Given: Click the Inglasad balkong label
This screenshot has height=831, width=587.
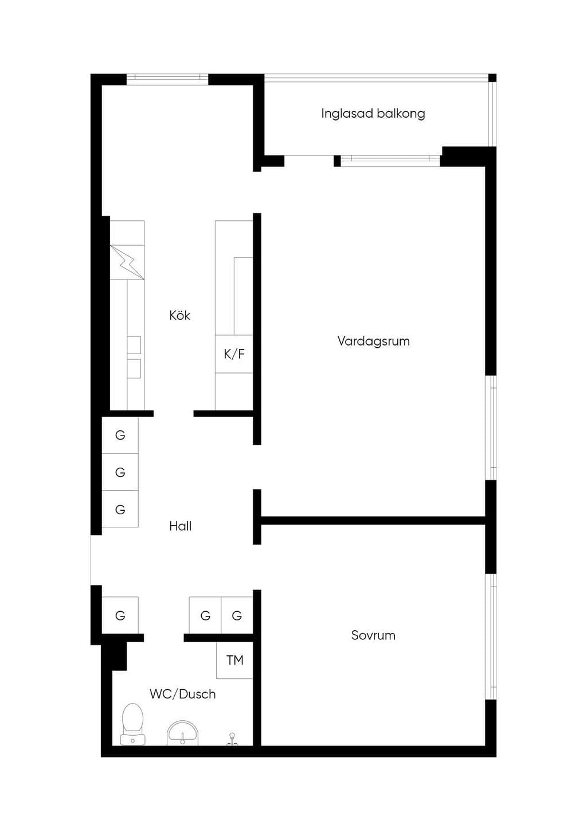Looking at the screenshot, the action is click(373, 114).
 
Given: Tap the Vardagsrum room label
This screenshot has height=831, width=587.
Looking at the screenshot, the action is click(374, 341).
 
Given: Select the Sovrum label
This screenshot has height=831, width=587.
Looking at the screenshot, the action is click(373, 635).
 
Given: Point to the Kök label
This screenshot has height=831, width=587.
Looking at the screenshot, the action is click(180, 315).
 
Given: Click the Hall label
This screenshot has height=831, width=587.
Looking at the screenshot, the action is click(180, 526).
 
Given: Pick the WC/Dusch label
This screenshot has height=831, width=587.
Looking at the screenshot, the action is click(183, 694).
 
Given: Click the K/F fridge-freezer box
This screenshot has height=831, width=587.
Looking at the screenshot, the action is click(234, 354).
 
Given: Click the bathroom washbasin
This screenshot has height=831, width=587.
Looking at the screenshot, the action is click(183, 733).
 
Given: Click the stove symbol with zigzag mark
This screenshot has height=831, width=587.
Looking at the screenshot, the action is click(127, 262).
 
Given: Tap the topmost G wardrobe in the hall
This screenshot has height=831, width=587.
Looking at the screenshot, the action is click(120, 435).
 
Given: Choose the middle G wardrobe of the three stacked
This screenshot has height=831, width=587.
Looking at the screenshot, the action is click(120, 472).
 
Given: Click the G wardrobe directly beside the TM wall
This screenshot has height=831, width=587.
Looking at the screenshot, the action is click(237, 615).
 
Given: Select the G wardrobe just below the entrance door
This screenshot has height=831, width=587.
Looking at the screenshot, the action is click(120, 615).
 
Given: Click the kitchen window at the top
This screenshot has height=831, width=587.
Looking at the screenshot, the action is click(167, 79).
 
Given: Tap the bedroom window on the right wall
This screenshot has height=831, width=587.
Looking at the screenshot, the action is click(491, 637).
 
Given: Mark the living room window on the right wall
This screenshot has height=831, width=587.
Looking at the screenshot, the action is click(491, 428).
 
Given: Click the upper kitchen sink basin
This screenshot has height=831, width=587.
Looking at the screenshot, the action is click(134, 345).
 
